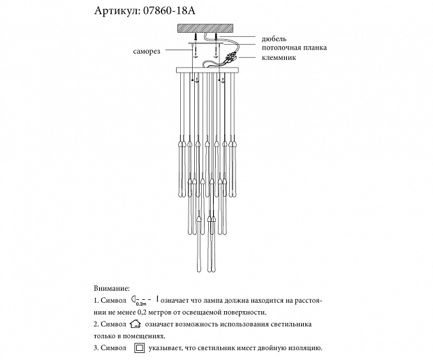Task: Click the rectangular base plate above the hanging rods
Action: [x=207, y=70]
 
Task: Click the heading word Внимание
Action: [x=111, y=287]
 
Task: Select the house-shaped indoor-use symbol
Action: [x=135, y=324]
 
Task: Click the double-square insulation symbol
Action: [x=139, y=347]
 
